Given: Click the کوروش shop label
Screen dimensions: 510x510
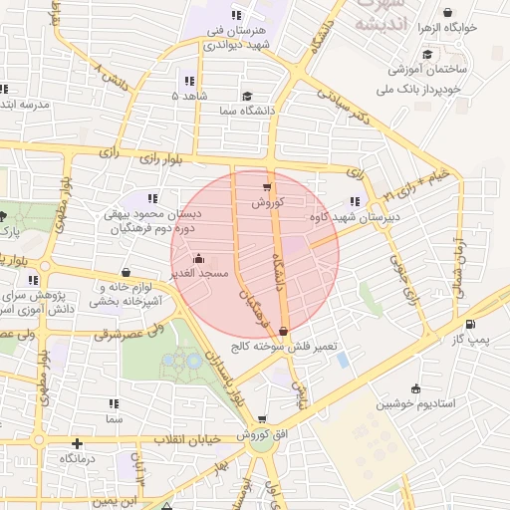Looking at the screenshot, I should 268,202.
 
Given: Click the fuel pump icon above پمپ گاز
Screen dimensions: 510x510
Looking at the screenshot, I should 470,325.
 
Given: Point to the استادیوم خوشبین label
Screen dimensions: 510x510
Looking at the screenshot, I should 415,404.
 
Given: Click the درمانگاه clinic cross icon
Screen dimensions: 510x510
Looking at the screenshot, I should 77,442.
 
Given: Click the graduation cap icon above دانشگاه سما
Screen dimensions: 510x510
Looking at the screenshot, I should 246,96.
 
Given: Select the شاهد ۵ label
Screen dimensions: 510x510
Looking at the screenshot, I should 189,96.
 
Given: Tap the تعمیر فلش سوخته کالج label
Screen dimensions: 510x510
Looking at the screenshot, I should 296,347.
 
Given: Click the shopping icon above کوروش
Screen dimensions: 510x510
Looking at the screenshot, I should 267,187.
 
